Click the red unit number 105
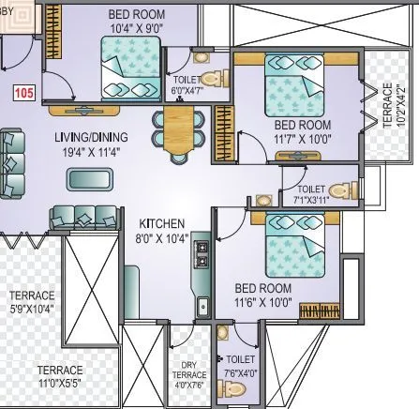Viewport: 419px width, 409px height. tap(23, 93)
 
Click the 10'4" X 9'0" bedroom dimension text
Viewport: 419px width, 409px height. tap(137, 29)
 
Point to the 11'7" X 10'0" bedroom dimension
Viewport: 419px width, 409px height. tap(302, 138)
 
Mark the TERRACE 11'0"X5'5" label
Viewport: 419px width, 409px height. tap(60, 376)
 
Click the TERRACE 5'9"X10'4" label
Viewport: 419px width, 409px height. tap(31, 301)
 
